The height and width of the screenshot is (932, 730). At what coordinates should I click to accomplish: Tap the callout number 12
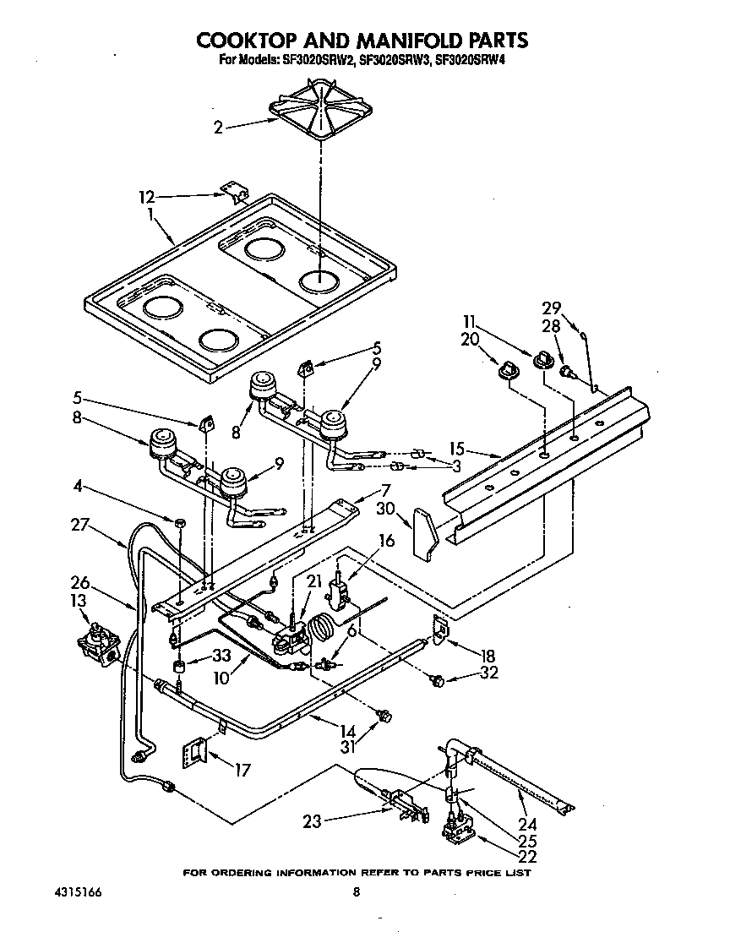pos(148,199)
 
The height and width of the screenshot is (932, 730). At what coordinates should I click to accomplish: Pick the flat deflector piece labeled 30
pos(424,532)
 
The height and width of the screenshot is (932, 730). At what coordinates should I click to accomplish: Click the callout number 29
pos(551,308)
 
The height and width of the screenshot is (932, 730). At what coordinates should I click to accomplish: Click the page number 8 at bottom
pos(357,892)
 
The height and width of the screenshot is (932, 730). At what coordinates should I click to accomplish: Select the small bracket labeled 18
pos(439,627)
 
